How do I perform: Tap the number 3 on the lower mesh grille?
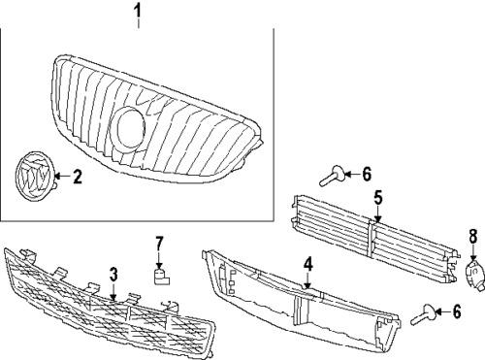click(113, 275)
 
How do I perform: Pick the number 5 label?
click(377, 197)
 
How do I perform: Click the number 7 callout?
click(161, 242)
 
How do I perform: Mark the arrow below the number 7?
click(161, 258)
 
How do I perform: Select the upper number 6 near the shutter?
click(366, 174)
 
